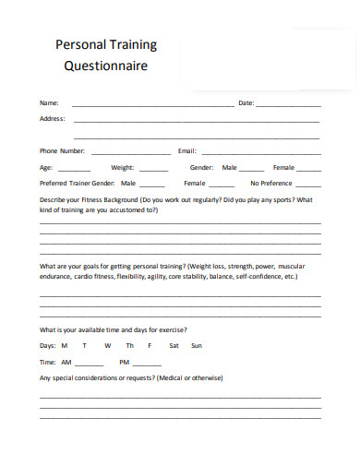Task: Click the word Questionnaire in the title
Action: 105,66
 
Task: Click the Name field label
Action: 49,102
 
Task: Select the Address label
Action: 52,118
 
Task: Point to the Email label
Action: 186,150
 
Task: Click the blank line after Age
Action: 74,171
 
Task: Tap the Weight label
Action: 123,168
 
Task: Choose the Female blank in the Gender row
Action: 309,171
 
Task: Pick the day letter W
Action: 107,345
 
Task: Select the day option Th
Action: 130,345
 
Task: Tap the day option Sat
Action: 174,345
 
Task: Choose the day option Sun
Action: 196,345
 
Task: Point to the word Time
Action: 48,362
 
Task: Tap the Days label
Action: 48,345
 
